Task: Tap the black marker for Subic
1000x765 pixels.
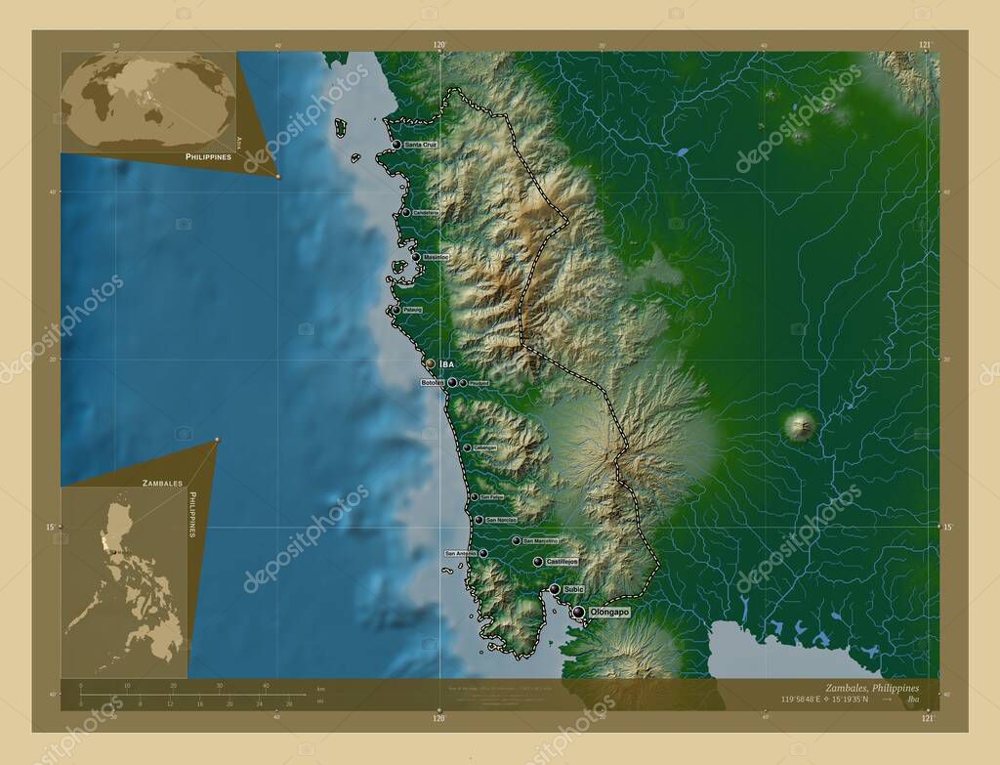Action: coord(555,589)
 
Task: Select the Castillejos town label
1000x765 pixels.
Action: coord(562,562)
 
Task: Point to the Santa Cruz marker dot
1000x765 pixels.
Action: coord(396,145)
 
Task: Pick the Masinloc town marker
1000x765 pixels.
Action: coord(416,257)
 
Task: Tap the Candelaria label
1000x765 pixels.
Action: coord(426,212)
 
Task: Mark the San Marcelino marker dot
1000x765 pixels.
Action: coord(516,540)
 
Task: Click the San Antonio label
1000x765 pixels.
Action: coord(461,553)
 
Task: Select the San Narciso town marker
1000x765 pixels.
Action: coord(479,520)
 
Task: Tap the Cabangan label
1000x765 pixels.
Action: coord(484,448)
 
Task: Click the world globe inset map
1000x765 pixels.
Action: coord(148,102)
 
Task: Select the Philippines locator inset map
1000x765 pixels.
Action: coord(124,581)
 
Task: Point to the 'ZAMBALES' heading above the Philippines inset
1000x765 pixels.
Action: coord(162,483)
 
